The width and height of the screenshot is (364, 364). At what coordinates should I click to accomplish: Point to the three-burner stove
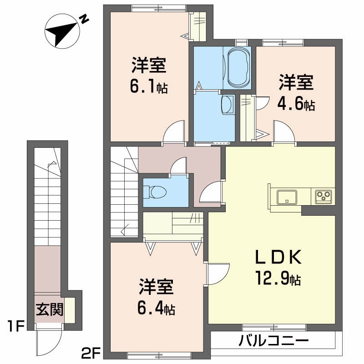[x=324, y=197]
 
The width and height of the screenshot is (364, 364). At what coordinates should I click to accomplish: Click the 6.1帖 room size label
[x=148, y=86]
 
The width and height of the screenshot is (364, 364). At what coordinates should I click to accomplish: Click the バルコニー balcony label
[x=273, y=340]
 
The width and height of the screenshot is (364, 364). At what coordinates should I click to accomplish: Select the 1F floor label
[x=15, y=326]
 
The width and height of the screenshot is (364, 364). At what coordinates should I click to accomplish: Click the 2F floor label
[x=91, y=352]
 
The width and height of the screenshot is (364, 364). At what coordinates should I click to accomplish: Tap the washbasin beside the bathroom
[x=227, y=104]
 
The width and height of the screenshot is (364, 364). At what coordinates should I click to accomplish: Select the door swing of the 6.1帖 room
[x=175, y=132]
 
